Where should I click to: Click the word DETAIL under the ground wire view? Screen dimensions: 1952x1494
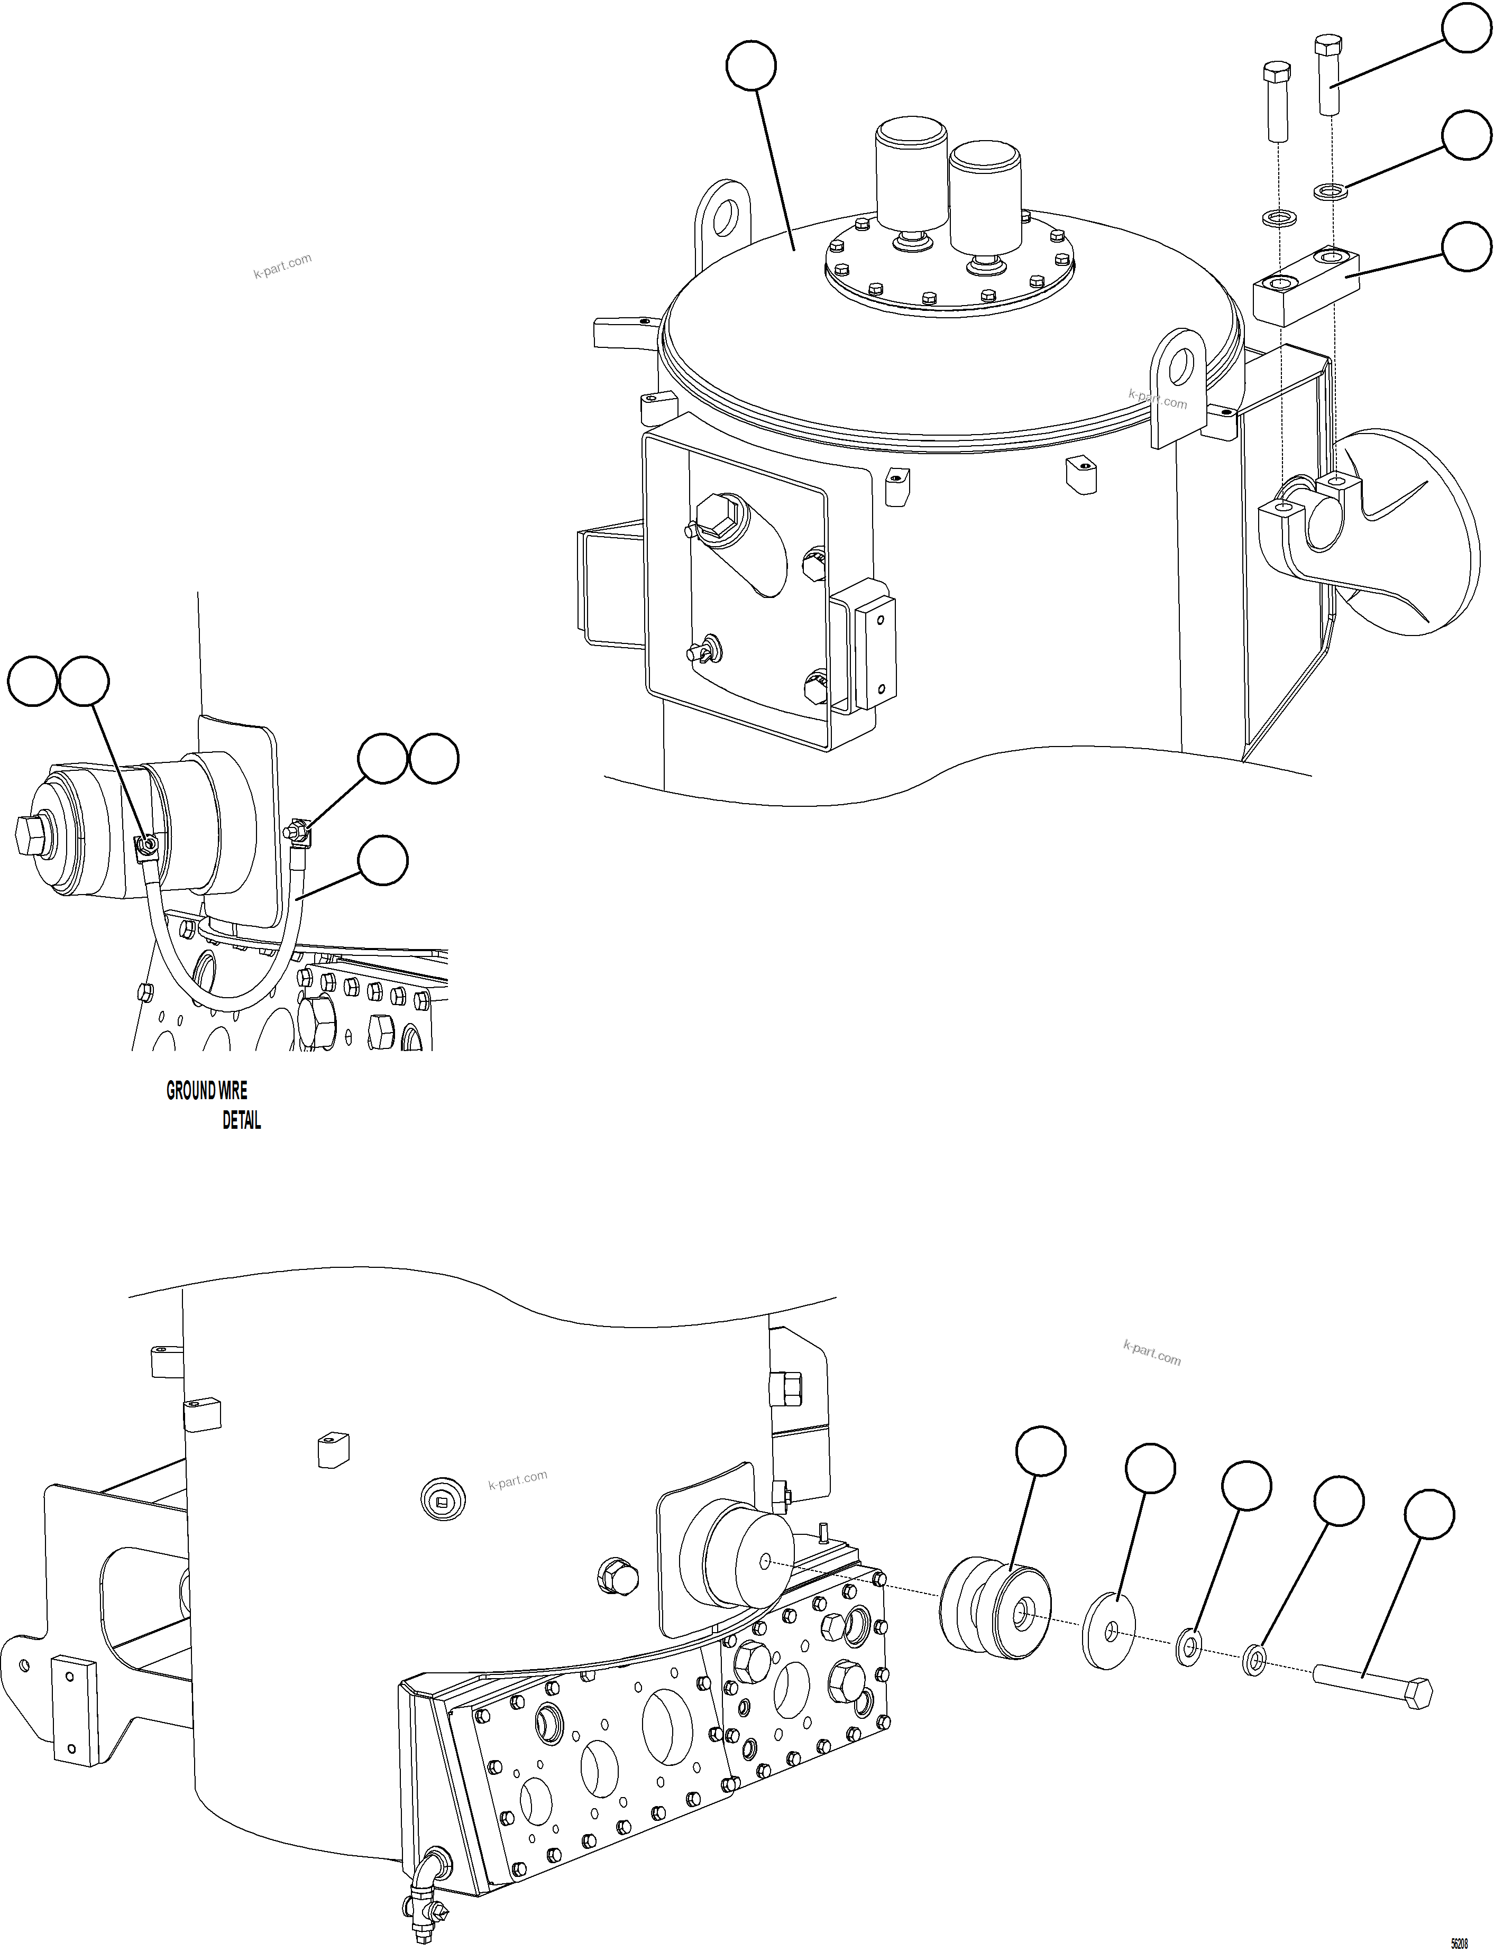click(x=241, y=1121)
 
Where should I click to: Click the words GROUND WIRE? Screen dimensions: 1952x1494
click(x=206, y=1091)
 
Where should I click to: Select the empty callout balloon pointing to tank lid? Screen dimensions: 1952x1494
click(x=750, y=66)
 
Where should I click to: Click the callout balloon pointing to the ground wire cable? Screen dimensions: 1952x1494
click(x=382, y=860)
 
